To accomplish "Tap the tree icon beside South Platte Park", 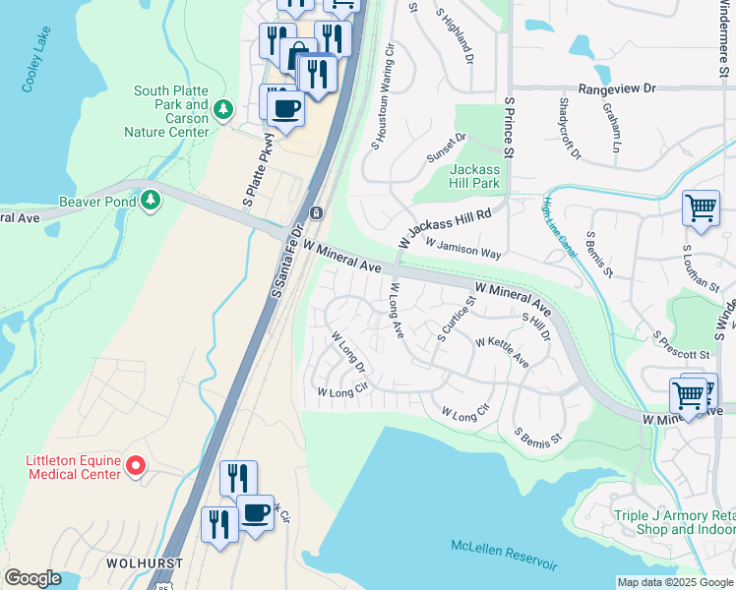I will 223,106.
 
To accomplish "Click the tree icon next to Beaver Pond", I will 151,201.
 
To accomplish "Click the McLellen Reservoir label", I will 504,555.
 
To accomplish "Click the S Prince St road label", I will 510,127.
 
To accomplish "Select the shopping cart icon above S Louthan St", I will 701,207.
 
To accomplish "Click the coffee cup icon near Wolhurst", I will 256,512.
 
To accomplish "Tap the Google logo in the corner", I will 32,578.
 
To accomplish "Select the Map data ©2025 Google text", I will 675,582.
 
